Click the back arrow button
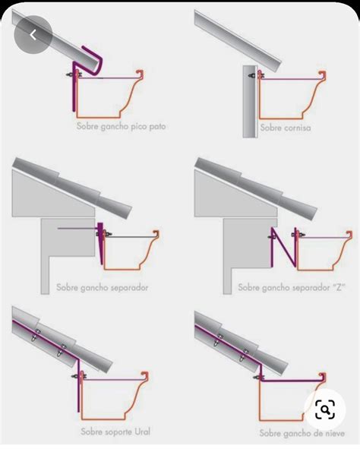pos(33,35)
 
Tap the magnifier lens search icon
pos(325,411)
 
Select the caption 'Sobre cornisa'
pos(285,128)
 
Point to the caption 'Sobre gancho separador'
pos(102,288)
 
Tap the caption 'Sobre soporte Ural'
pos(115,431)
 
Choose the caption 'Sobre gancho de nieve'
pos(297,432)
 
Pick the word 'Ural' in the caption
pos(141,431)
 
